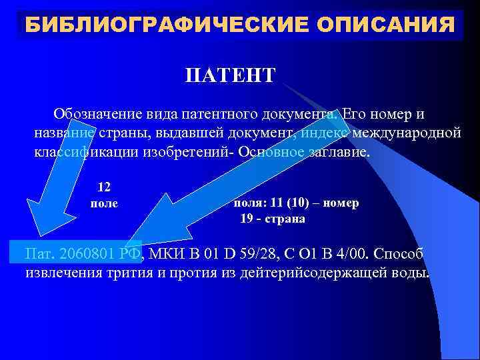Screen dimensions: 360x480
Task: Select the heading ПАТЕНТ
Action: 230,75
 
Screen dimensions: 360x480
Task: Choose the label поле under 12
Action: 104,203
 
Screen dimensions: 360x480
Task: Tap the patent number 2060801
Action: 88,254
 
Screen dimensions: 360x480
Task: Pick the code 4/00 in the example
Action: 351,254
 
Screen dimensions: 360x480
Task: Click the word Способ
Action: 399,254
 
